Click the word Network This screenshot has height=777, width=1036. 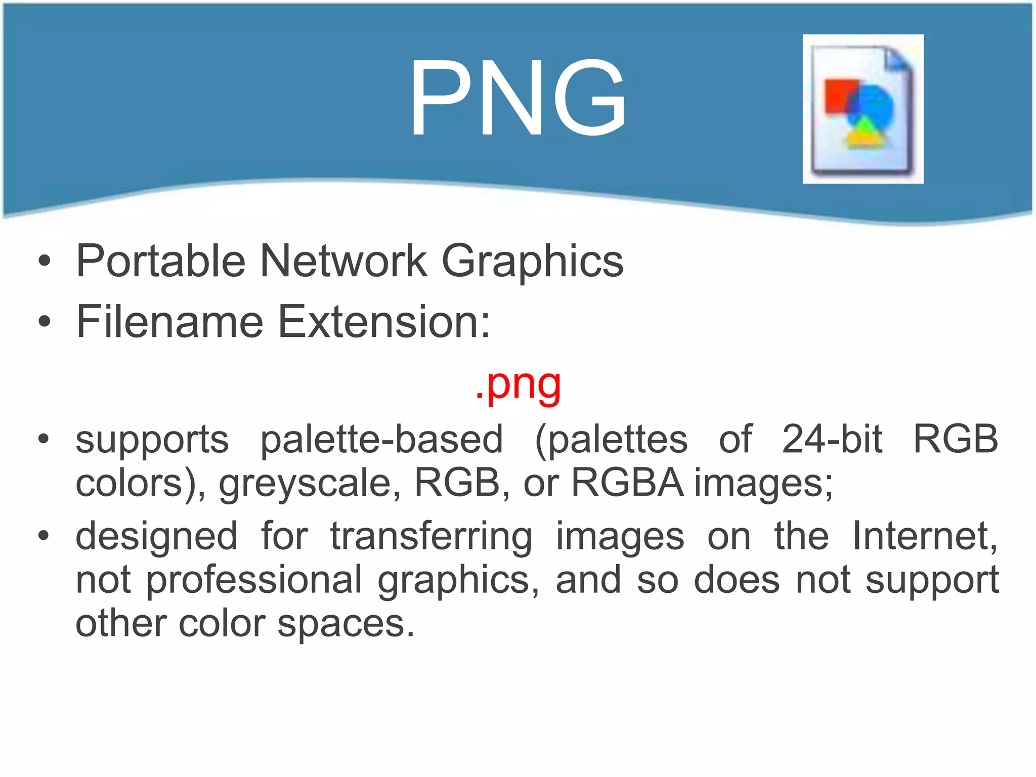[343, 262]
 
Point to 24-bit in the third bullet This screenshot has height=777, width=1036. [832, 439]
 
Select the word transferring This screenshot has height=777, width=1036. [431, 536]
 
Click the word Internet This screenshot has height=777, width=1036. [925, 536]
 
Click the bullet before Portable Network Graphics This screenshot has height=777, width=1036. [45, 261]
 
